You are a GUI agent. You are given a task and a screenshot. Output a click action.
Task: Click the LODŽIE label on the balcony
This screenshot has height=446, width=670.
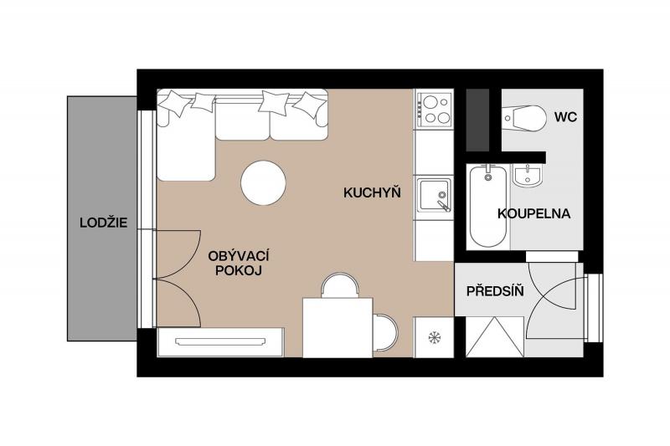click(x=103, y=223)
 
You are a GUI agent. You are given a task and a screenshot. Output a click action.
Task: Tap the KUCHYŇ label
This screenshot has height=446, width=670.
click(x=372, y=193)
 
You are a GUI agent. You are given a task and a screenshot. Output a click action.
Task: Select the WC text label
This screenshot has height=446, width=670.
click(x=565, y=117)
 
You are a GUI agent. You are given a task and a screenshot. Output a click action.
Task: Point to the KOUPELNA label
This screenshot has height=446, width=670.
click(x=533, y=213)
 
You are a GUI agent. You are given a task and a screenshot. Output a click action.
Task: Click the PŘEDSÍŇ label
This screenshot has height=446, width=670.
click(x=495, y=291)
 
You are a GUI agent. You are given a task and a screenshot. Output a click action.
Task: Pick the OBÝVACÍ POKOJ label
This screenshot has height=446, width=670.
click(x=239, y=263)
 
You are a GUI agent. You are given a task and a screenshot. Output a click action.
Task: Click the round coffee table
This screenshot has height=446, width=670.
click(x=263, y=182)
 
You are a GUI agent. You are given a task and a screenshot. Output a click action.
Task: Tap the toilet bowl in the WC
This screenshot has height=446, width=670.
click(x=525, y=117)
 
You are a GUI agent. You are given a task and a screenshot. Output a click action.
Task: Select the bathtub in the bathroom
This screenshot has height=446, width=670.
click(x=487, y=207)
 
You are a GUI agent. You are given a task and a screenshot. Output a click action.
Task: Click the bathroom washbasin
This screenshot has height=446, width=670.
click(x=528, y=176)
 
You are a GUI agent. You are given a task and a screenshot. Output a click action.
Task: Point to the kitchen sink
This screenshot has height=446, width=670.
click(x=434, y=195)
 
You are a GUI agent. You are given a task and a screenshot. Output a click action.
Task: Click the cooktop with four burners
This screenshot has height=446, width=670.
click(x=434, y=110)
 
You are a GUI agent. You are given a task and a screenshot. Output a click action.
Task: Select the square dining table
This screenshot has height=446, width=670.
click(x=338, y=327)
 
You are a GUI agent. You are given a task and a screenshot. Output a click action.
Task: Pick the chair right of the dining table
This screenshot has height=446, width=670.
click(x=385, y=332)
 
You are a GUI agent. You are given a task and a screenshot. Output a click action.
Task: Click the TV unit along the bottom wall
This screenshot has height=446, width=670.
click(x=220, y=342)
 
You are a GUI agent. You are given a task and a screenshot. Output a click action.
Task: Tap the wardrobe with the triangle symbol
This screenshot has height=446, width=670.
click(x=495, y=336)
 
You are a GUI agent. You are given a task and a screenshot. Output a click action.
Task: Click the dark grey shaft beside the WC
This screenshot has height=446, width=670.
click(x=477, y=120)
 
